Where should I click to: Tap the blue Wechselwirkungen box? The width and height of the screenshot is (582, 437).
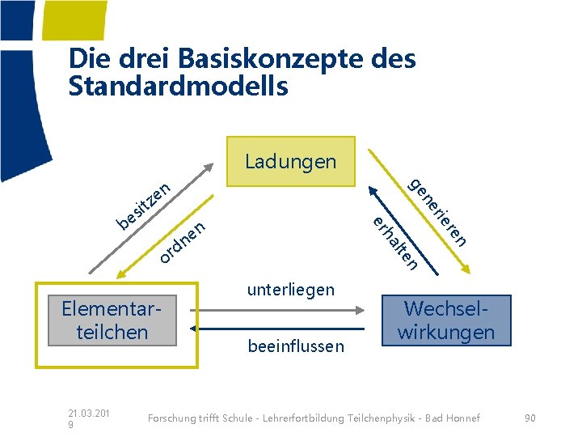tap(447, 320)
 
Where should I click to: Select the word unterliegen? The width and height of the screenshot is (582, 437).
tap(290, 290)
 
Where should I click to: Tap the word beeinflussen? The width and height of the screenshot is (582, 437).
tap(296, 347)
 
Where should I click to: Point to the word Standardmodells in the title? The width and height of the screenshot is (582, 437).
tap(179, 87)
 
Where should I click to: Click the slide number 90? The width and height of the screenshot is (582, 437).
tap(529, 418)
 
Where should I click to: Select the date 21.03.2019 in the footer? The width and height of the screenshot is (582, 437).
tap(88, 418)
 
